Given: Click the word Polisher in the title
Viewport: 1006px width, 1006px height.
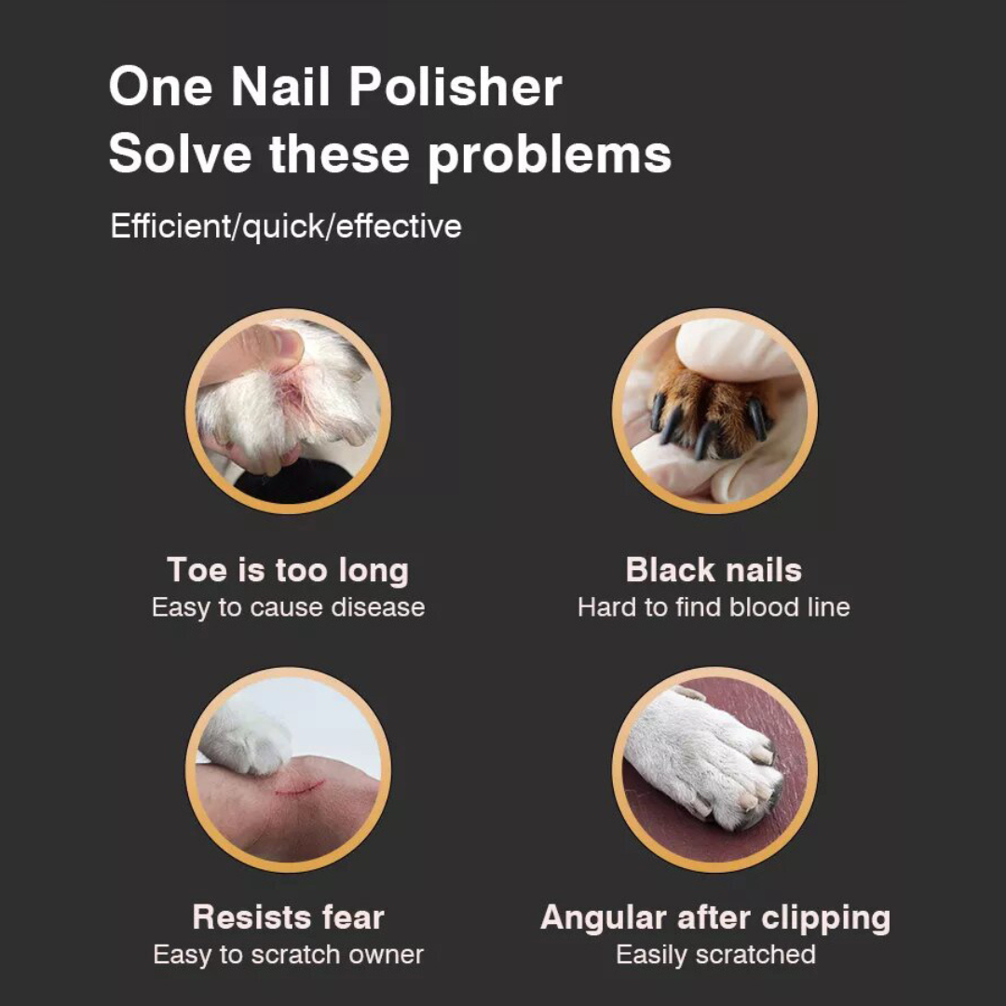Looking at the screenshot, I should pyautogui.click(x=455, y=88).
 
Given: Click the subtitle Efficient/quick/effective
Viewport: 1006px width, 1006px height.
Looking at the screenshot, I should pyautogui.click(x=286, y=226).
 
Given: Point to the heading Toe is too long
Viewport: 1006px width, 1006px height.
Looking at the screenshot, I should pyautogui.click(x=288, y=569).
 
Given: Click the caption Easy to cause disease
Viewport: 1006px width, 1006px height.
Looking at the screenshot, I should pyautogui.click(x=288, y=607).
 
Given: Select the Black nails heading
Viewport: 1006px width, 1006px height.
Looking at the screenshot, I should pyautogui.click(x=714, y=569).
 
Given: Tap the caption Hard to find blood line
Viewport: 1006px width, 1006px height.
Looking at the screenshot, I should pyautogui.click(x=714, y=607).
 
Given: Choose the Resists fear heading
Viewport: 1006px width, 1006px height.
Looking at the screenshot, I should pyautogui.click(x=288, y=917).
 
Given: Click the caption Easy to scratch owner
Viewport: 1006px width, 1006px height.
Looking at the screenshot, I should pyautogui.click(x=288, y=955).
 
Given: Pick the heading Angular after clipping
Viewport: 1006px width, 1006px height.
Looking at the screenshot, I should pyautogui.click(x=714, y=917).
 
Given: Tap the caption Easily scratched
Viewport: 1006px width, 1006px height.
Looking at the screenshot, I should pyautogui.click(x=714, y=955).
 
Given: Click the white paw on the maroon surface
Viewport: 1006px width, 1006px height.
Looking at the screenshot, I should pyautogui.click(x=699, y=754).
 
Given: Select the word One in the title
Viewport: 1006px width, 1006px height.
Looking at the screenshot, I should pyautogui.click(x=161, y=88).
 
